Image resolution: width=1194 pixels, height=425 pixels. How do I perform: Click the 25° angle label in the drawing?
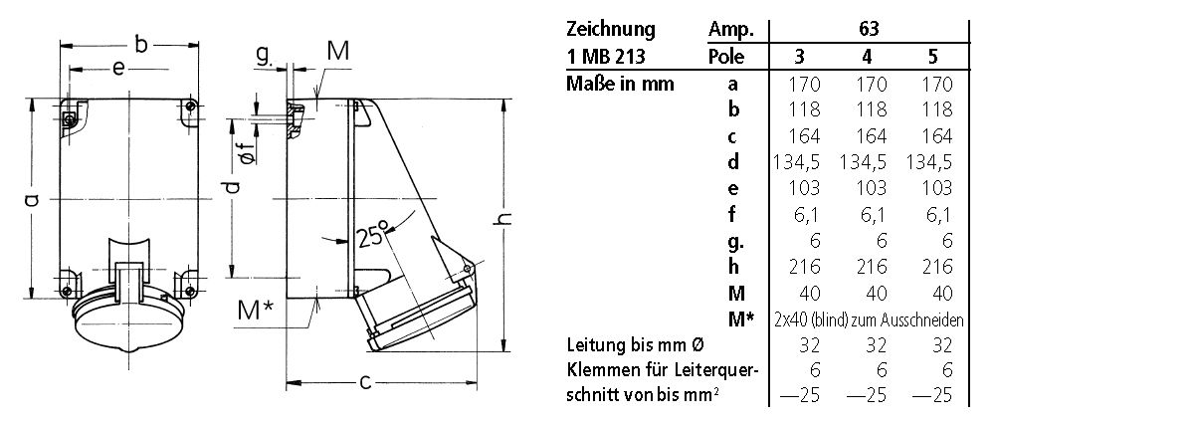(370, 237)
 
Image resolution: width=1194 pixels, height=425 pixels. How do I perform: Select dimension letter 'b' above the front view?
(141, 44)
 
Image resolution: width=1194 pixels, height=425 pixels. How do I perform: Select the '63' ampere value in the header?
(869, 29)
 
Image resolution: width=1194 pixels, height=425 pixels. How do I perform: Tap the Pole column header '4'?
(869, 57)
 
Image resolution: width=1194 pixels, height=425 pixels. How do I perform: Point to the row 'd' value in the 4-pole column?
(869, 161)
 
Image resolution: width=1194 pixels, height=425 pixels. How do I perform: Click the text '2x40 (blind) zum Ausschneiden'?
(869, 319)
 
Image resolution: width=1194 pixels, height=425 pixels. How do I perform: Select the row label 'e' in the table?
(732, 187)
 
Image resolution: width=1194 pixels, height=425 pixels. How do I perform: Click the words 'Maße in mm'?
(620, 84)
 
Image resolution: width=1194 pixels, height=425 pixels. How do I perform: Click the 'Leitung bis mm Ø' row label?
(636, 344)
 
